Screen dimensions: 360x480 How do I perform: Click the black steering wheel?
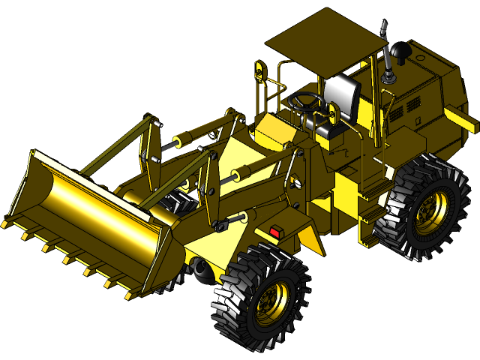click(x=308, y=99)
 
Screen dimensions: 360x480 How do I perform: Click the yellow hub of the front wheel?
click(x=269, y=301)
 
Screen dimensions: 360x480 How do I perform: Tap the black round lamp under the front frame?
click(x=198, y=266)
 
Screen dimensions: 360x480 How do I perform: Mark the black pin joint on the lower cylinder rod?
click(x=221, y=225)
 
